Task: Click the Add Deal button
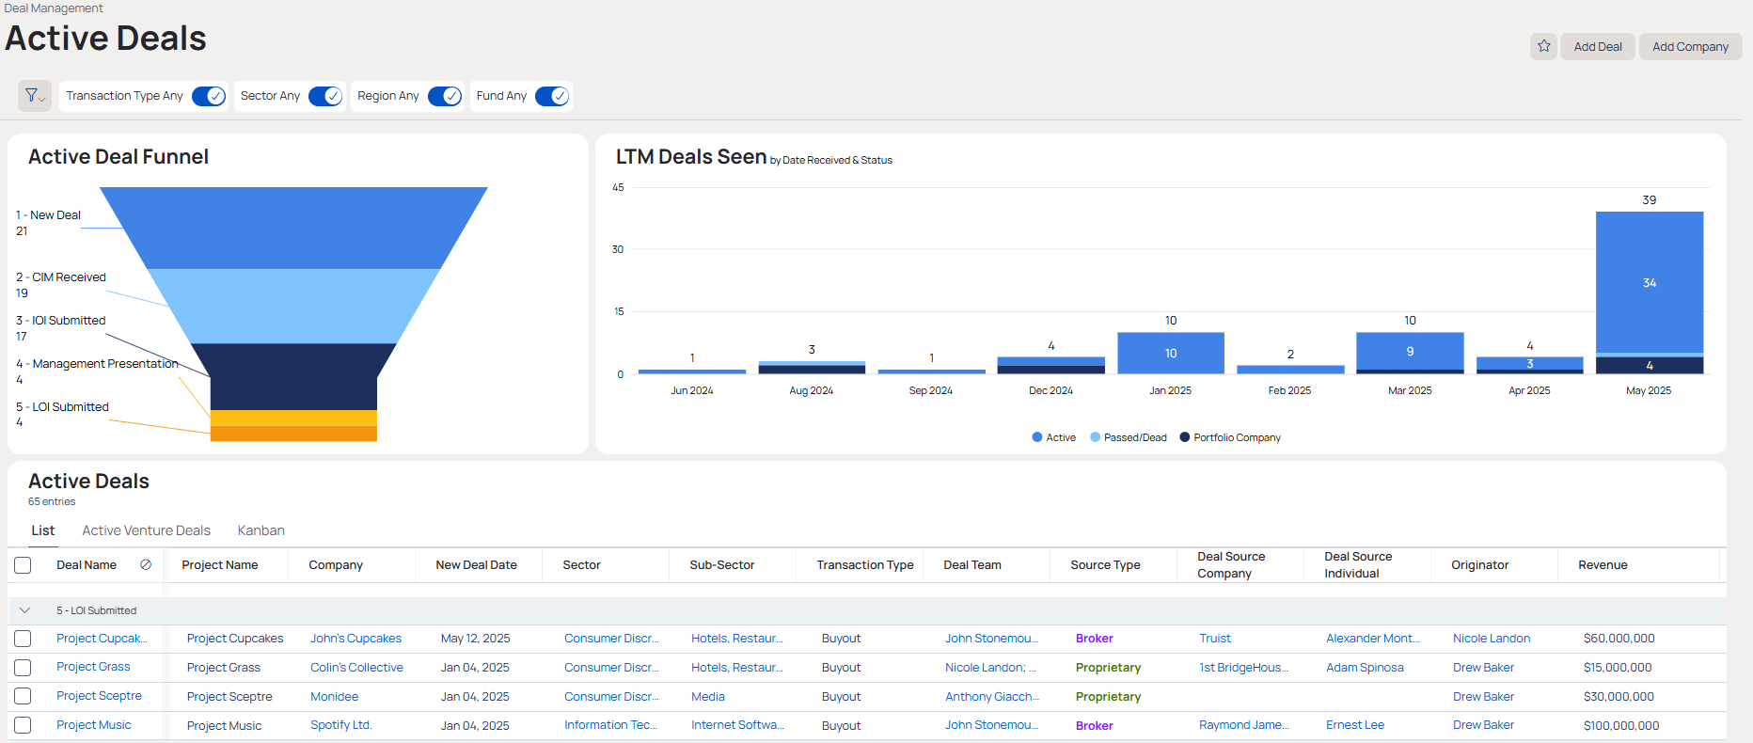point(1597,47)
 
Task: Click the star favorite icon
point(1543,46)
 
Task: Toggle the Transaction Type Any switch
point(209,96)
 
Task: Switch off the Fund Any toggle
point(552,96)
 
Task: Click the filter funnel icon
point(34,96)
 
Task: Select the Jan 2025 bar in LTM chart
point(1170,353)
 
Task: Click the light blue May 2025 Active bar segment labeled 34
point(1649,282)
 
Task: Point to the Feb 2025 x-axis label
point(1288,390)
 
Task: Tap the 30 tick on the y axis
point(618,249)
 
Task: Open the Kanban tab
point(261,530)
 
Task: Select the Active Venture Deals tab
point(146,530)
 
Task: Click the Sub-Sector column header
point(721,565)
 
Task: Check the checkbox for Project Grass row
point(23,668)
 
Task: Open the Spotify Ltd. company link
point(341,725)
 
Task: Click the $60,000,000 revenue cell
point(1619,639)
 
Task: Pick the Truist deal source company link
point(1214,639)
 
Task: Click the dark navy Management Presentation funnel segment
point(293,376)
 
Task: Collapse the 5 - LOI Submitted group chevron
point(24,610)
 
